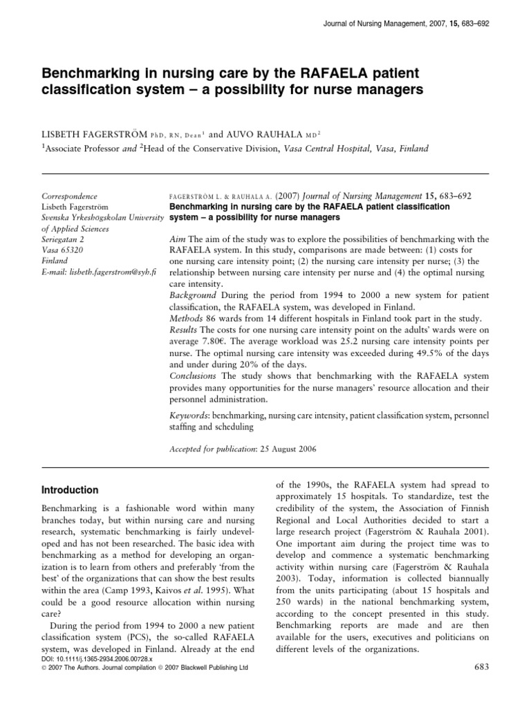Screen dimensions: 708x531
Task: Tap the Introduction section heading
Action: (x=71, y=490)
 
